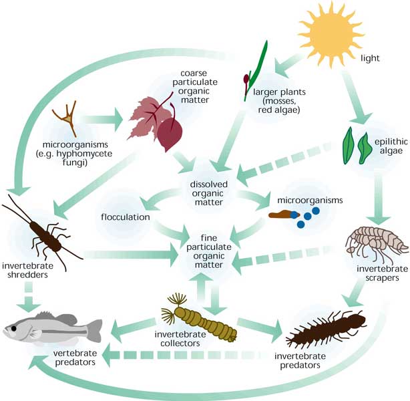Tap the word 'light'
tap(369, 58)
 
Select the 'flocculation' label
tap(126, 217)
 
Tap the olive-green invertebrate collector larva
tap(194, 307)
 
